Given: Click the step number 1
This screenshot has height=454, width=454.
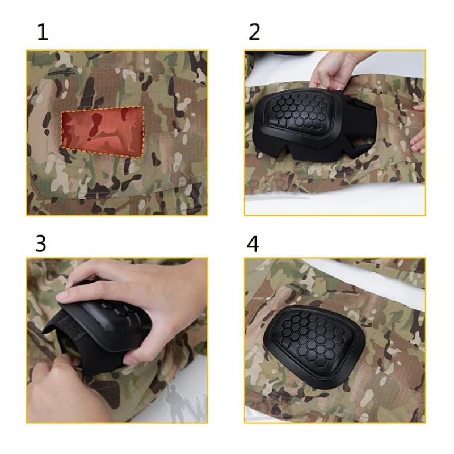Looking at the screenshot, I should coord(43,32).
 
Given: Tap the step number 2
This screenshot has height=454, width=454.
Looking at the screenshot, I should coord(254,32).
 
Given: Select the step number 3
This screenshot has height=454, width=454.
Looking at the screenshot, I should coord(41,243).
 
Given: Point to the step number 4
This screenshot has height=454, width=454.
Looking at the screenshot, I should coord(253,243).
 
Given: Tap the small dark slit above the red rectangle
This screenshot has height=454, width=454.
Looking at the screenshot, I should coord(61,73).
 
